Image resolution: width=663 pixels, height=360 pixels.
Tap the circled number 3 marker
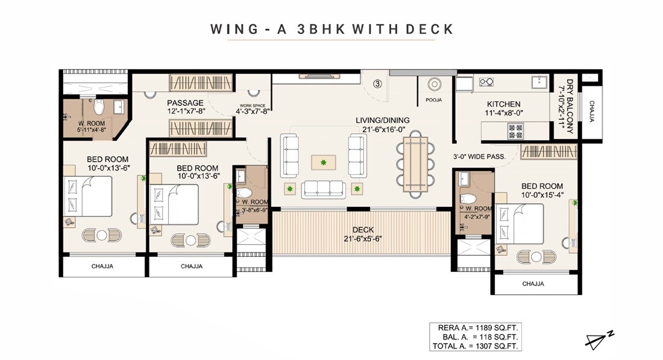[x=377, y=84]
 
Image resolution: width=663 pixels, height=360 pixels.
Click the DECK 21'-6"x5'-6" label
[x=363, y=233]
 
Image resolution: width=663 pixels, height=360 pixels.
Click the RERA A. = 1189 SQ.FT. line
[x=474, y=327]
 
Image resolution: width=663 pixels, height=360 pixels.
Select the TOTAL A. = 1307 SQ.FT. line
[x=474, y=346]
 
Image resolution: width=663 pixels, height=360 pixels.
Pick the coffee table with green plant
[x=324, y=162]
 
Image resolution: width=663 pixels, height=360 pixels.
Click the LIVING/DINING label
[x=382, y=124]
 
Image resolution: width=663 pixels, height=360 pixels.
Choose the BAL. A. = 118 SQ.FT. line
[x=474, y=336]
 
